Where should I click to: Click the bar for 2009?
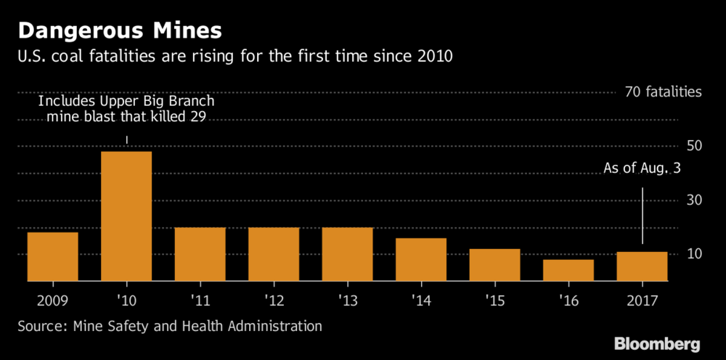(x=52, y=256)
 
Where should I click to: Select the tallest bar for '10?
(x=126, y=216)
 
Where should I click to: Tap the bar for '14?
(x=420, y=259)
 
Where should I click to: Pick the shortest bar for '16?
(x=568, y=270)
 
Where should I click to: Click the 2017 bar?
(x=642, y=266)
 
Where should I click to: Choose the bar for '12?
(x=274, y=254)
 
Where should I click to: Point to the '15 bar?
(x=494, y=265)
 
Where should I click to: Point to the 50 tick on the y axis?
(x=695, y=146)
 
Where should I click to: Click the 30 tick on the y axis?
(x=695, y=200)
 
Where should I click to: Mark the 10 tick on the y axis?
(x=695, y=254)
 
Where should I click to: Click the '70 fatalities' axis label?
(x=663, y=92)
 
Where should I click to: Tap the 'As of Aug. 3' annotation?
(x=642, y=169)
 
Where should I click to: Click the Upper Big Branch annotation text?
(x=126, y=110)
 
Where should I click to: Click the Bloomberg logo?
(x=657, y=343)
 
